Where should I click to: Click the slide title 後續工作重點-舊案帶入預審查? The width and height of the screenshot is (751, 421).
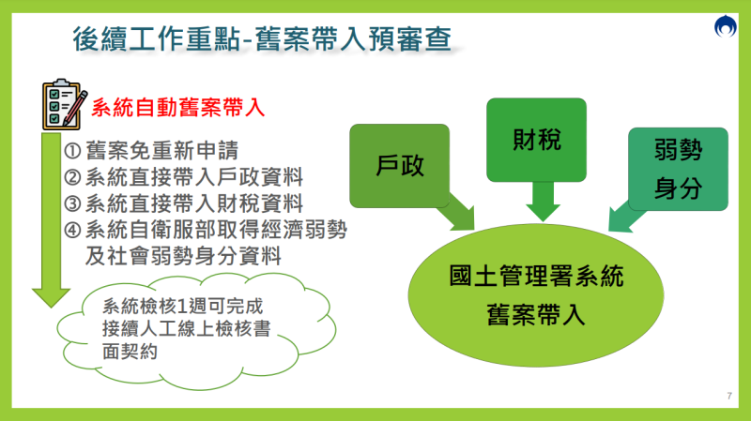pyautogui.click(x=262, y=38)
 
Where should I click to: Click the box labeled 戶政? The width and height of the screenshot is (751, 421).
pyautogui.click(x=400, y=166)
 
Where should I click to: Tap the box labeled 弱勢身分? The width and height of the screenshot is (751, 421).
pyautogui.click(x=678, y=169)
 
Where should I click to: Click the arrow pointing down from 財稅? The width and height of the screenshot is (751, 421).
pyautogui.click(x=543, y=199)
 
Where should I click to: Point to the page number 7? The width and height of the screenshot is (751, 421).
pyautogui.click(x=728, y=394)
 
